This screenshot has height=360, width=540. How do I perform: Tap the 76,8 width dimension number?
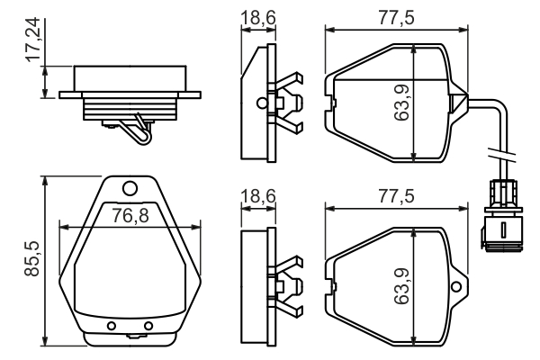130,215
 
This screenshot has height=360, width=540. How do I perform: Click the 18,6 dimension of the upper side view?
257,18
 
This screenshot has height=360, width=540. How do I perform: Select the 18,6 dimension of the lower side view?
257,197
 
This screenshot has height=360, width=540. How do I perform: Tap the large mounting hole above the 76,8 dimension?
130,188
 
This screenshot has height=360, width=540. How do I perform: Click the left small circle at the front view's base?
112,325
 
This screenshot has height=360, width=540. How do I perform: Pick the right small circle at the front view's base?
148,325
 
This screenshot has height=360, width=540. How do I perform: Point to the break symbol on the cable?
493,150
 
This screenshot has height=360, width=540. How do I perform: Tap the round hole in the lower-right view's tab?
457,287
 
